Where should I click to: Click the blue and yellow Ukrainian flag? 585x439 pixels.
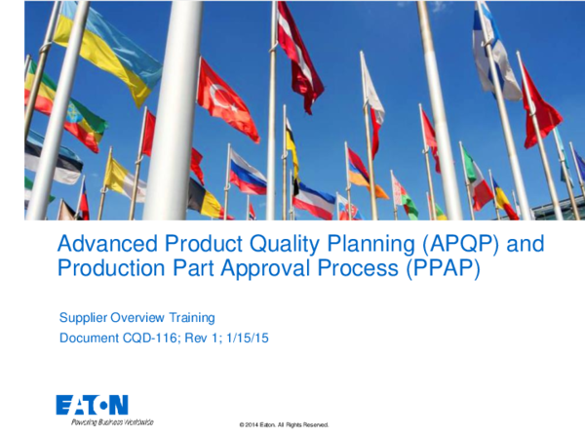pos(107,49)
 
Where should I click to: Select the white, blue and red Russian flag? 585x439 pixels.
pos(247,173)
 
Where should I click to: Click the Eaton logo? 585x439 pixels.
pos(92,404)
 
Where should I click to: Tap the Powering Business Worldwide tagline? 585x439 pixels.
pos(104,421)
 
